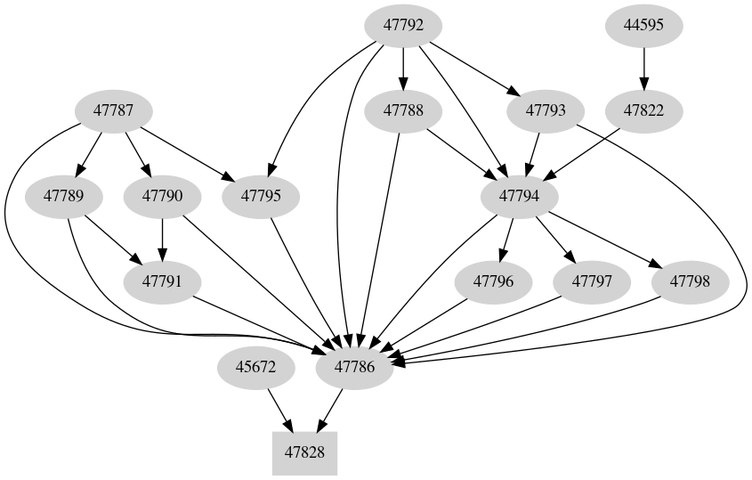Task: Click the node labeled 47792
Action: (404, 26)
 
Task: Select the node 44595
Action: (644, 26)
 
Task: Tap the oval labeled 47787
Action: (113, 111)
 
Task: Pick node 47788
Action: (404, 111)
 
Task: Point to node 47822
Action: (644, 111)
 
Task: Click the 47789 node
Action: (64, 196)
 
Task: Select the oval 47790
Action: (162, 196)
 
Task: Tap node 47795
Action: (260, 196)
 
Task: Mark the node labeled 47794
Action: (520, 196)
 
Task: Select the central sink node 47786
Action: (355, 366)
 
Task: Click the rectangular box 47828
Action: (304, 452)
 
